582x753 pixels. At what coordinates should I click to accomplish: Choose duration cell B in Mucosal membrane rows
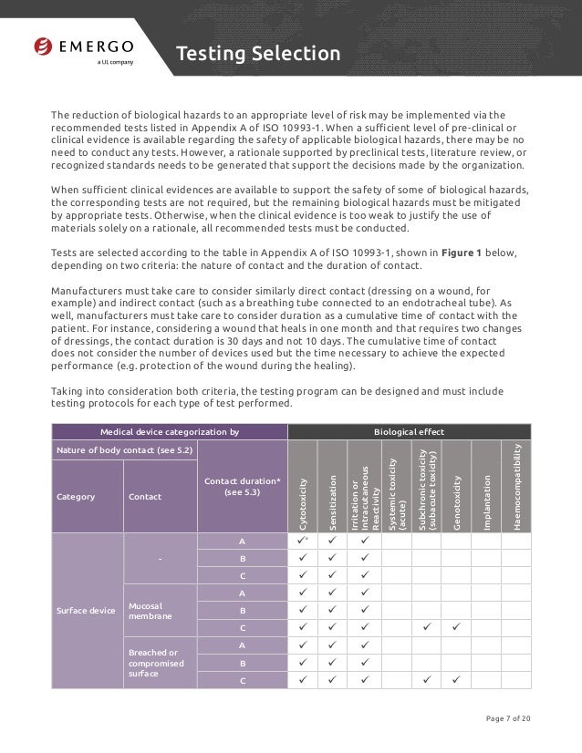click(243, 611)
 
